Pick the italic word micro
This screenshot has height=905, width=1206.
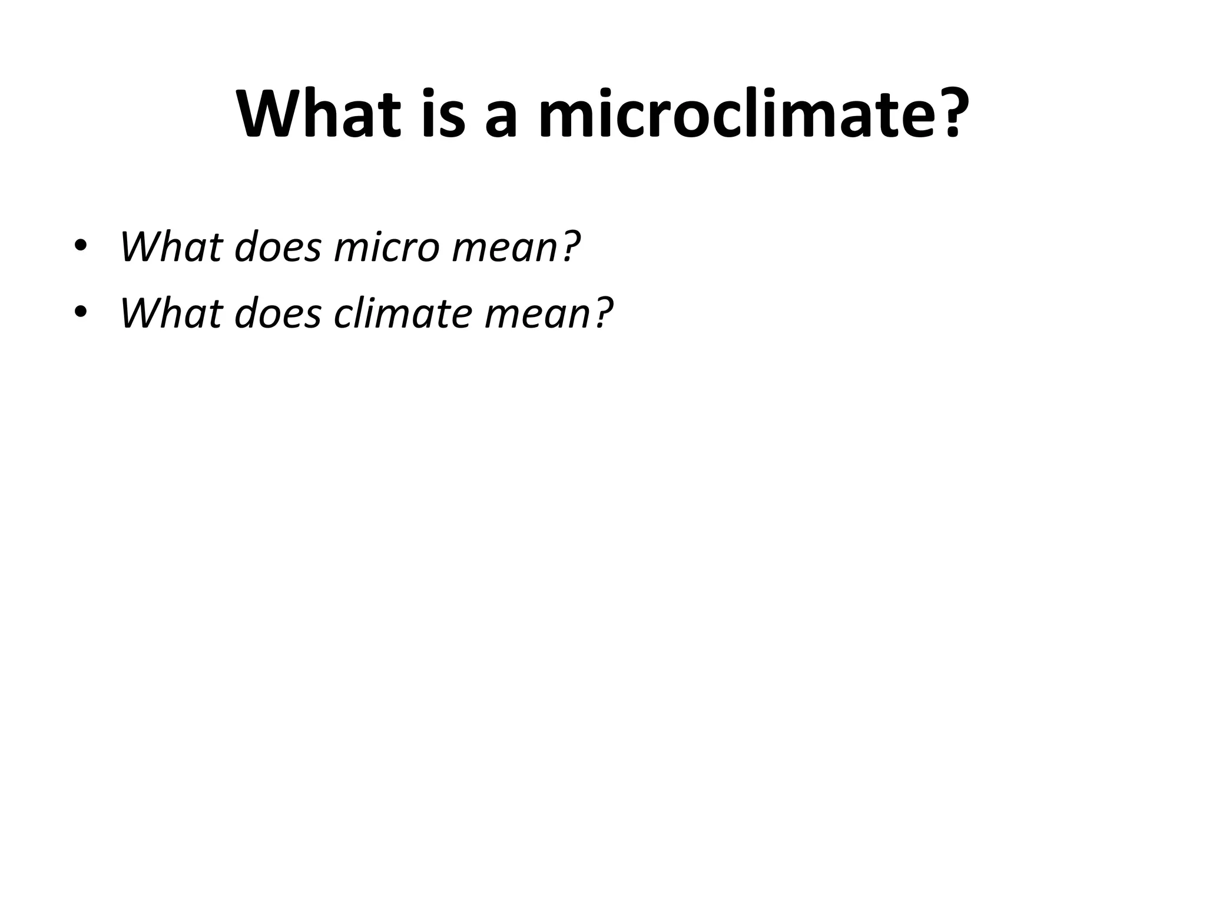(x=386, y=247)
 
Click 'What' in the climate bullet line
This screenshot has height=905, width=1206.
(x=171, y=313)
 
